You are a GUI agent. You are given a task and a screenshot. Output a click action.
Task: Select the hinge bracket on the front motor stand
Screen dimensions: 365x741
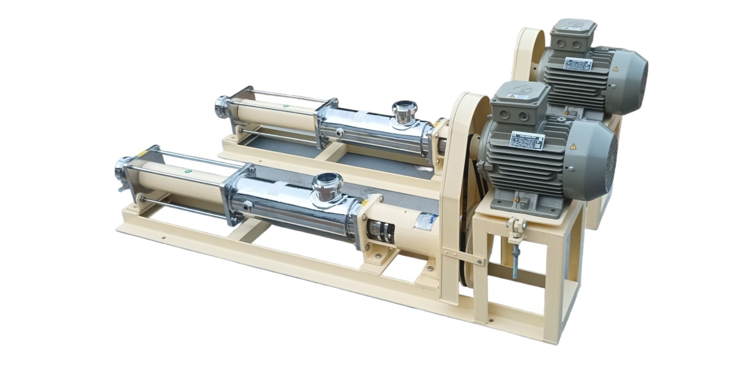click(516, 228)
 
